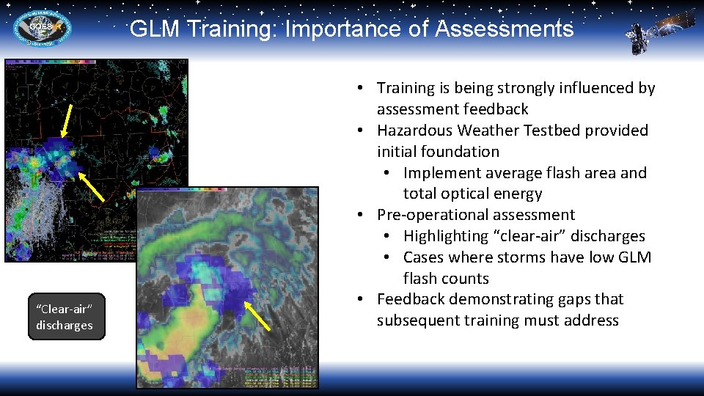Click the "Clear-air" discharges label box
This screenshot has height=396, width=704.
point(66,317)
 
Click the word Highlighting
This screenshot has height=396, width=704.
point(449,236)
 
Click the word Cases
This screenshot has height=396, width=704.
point(425,257)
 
